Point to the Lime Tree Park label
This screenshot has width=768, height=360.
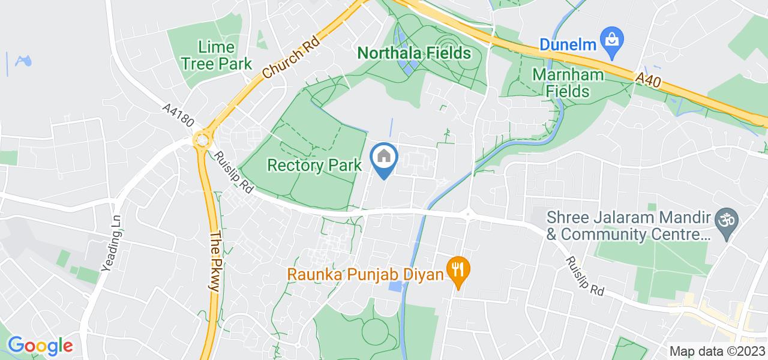(217, 55)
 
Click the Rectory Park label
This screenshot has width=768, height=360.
(314, 165)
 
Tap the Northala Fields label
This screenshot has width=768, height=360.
(414, 53)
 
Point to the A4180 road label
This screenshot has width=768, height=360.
(179, 116)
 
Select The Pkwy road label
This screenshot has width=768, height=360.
(213, 261)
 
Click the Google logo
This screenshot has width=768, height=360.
(40, 346)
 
